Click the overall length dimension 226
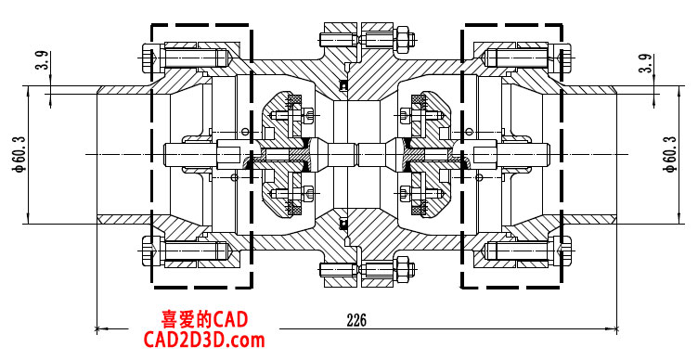tap(356, 320)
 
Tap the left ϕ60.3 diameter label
tap(21, 154)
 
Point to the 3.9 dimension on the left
tap(42, 60)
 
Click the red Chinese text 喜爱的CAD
tap(204, 319)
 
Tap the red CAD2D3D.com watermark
tap(204, 340)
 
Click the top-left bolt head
tap(149, 58)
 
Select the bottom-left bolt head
tap(149, 251)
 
